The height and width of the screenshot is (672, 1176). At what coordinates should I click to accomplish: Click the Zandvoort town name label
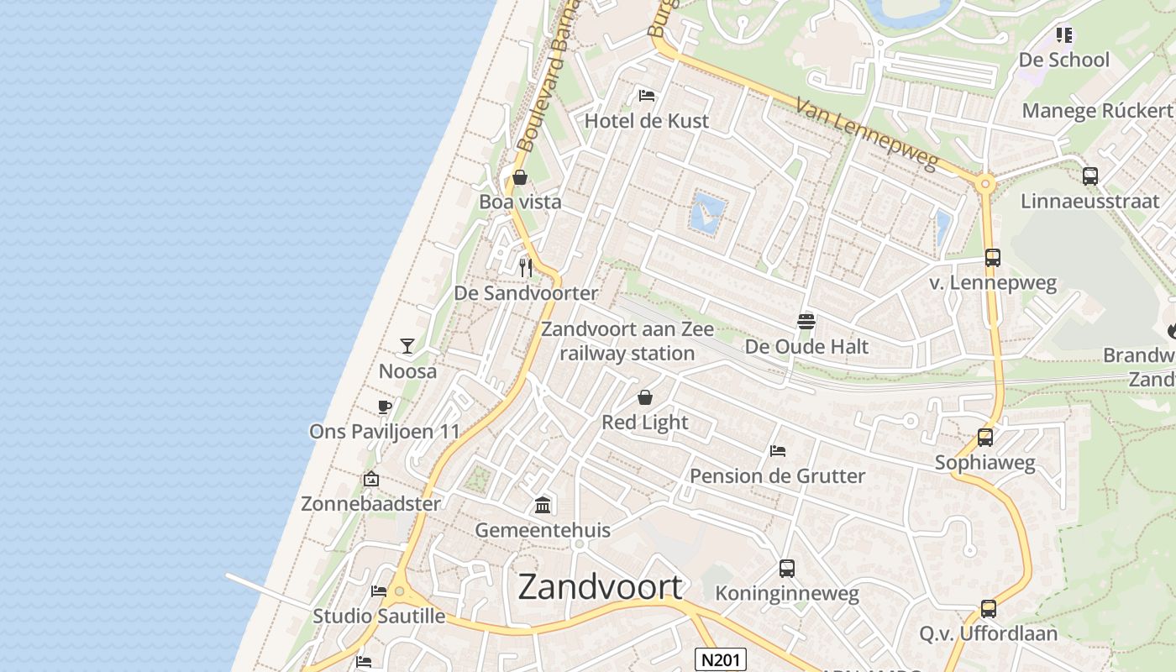(x=600, y=586)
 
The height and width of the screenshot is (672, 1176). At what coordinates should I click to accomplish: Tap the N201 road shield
(x=722, y=659)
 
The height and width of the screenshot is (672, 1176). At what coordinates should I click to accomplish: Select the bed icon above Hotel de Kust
(x=647, y=96)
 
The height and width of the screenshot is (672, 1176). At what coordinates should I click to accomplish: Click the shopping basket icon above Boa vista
(x=520, y=177)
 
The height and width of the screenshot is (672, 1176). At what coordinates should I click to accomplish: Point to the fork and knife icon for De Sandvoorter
(x=526, y=268)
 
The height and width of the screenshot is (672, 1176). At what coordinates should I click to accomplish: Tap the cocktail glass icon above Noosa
(x=407, y=345)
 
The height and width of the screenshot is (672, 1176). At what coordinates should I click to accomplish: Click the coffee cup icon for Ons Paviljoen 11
(x=385, y=407)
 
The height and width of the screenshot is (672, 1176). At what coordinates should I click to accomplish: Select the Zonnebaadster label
(x=370, y=504)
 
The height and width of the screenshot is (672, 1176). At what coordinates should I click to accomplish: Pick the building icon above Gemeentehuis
(x=543, y=505)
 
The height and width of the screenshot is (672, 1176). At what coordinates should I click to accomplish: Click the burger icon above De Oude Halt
(x=806, y=321)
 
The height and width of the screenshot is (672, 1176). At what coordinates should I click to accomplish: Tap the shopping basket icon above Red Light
(x=645, y=397)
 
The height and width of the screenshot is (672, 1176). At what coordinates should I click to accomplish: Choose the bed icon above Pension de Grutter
(x=778, y=451)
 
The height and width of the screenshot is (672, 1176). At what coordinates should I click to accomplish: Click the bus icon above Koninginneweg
(x=787, y=569)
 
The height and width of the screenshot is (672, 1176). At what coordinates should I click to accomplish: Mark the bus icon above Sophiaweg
(x=985, y=438)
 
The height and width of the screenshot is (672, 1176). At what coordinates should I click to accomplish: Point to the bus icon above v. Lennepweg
(x=993, y=258)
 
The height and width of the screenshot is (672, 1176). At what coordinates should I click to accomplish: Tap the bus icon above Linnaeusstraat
(x=1090, y=176)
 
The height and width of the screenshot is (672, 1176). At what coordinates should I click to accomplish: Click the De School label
(x=1064, y=60)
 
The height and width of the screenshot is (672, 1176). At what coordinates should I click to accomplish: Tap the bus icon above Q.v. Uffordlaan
(x=989, y=609)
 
